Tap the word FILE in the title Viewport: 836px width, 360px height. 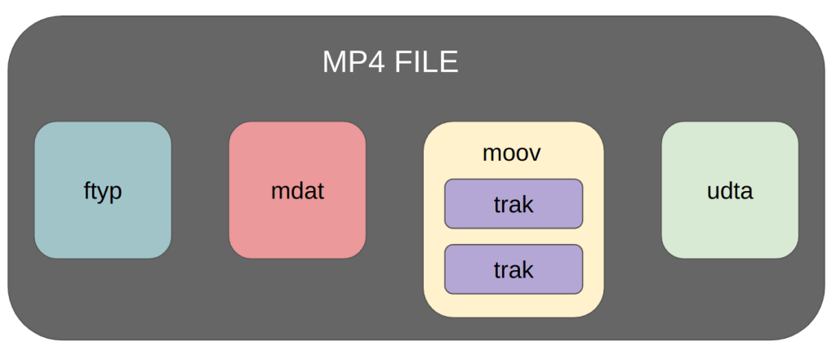tap(426, 63)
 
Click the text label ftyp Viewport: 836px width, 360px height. tap(103, 191)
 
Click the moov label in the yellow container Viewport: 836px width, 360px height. tap(512, 153)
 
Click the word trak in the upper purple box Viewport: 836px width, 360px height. tap(514, 204)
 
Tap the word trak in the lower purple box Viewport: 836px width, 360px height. tap(514, 269)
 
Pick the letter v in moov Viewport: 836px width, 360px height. tap(535, 153)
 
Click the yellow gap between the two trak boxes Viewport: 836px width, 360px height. tap(514, 237)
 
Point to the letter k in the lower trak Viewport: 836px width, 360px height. tap(528, 269)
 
